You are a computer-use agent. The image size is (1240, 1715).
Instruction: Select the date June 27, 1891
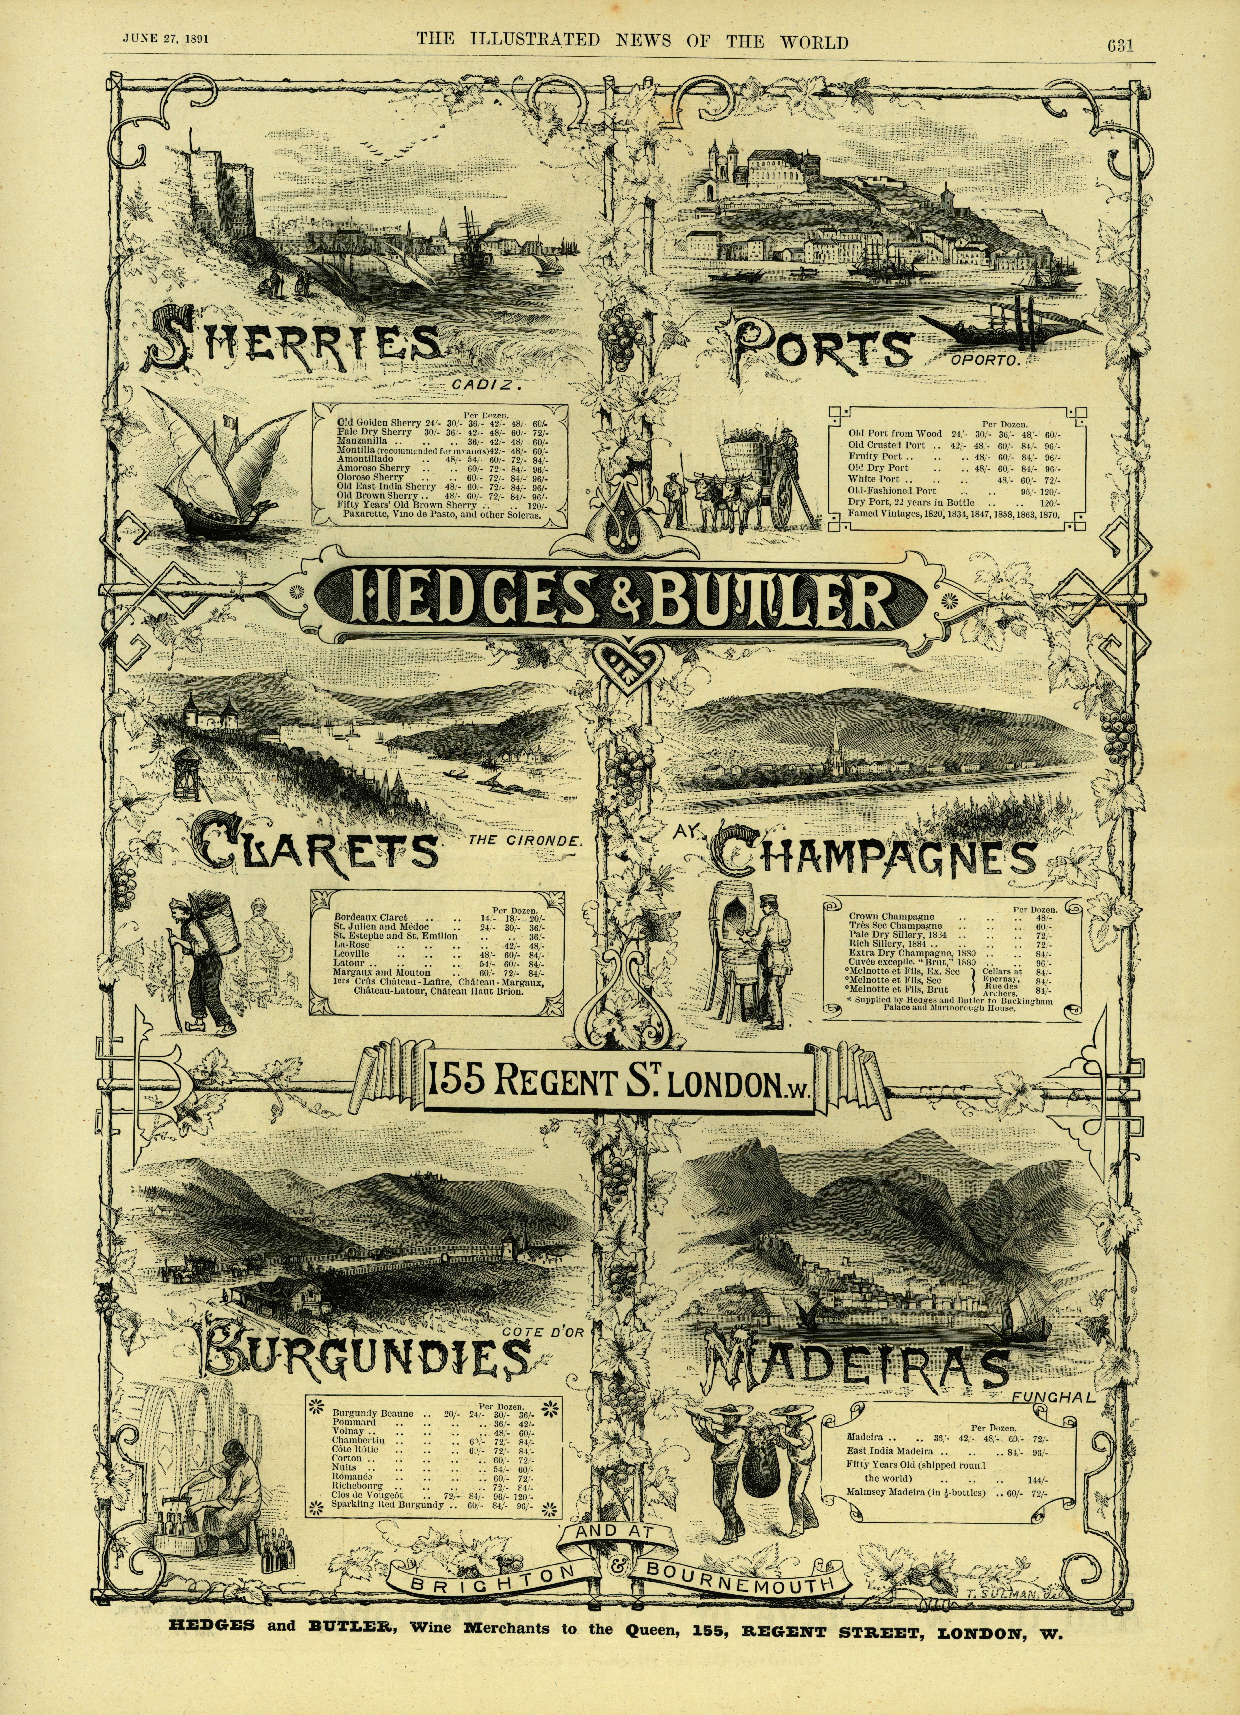166,39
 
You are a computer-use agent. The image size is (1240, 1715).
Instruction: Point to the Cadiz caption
488,386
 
